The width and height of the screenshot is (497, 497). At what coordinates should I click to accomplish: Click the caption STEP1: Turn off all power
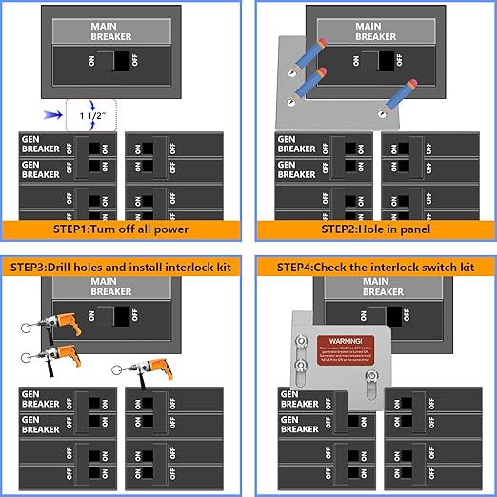click(123, 229)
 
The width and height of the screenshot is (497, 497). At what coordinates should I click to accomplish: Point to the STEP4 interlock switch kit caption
click(374, 268)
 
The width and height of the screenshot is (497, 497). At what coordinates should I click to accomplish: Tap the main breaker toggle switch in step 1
click(122, 62)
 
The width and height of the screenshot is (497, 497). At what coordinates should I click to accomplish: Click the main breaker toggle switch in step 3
click(122, 315)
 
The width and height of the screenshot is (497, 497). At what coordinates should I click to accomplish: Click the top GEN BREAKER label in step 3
click(41, 398)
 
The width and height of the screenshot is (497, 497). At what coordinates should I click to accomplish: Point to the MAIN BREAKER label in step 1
click(112, 30)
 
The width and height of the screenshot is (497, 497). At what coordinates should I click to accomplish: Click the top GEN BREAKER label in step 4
click(298, 397)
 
